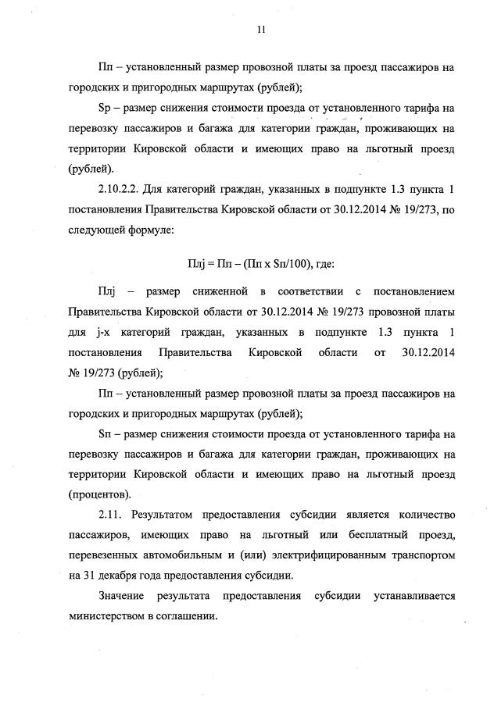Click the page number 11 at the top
coord(261,30)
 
